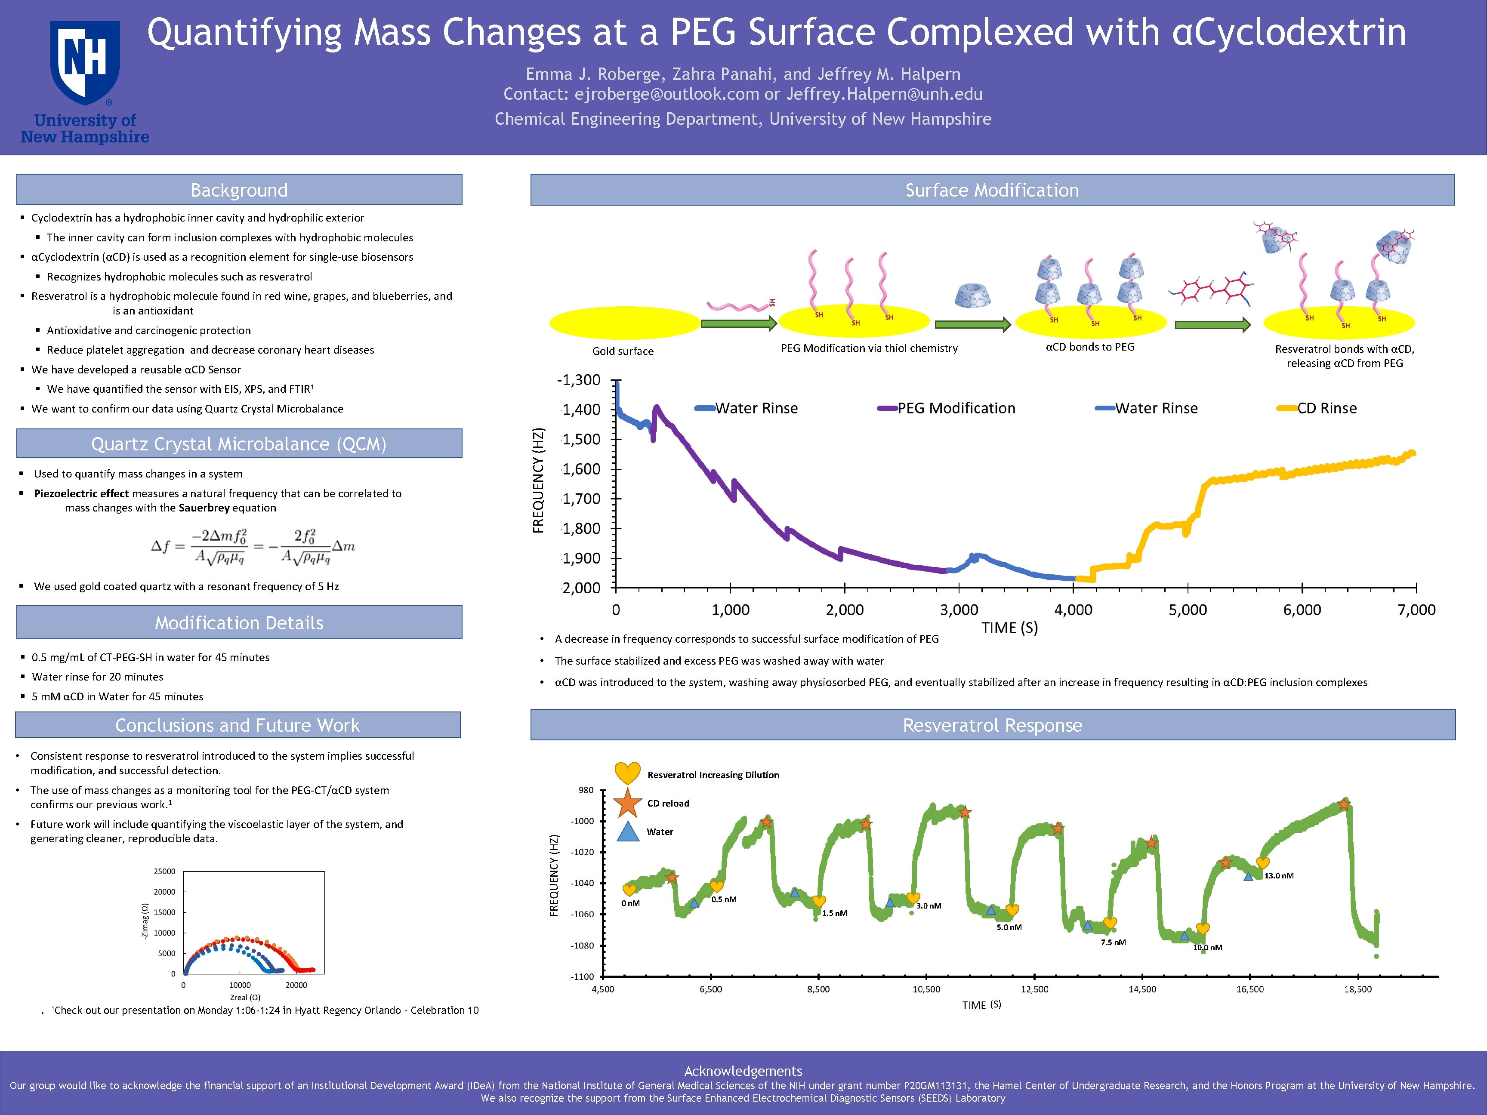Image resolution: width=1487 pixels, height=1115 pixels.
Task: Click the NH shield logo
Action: click(85, 62)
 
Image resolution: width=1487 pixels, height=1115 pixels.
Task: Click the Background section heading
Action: click(239, 190)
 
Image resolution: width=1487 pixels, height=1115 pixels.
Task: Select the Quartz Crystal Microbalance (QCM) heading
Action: click(239, 444)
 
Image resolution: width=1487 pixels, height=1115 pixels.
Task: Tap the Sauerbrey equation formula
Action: click(253, 546)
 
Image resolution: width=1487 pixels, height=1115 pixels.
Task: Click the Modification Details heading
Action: click(239, 623)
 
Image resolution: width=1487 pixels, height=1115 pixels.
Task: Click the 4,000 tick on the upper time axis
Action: click(1073, 610)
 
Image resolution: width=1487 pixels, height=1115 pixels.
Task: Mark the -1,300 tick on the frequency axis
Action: click(579, 380)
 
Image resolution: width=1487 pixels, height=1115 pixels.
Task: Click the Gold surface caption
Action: click(623, 351)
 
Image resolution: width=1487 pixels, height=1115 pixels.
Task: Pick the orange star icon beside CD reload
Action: click(628, 802)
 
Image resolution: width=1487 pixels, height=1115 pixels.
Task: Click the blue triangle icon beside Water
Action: click(628, 832)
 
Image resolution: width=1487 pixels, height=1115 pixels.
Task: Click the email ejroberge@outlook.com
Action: click(666, 94)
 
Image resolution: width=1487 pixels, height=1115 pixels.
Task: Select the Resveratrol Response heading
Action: click(992, 725)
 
